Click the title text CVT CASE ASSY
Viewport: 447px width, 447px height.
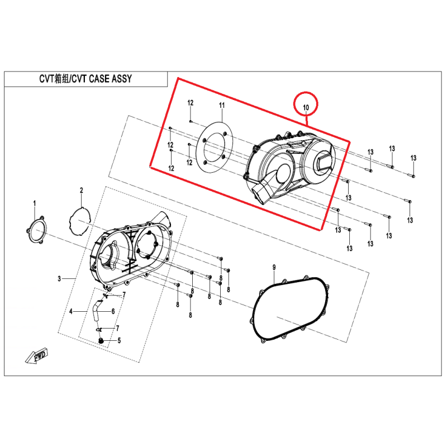pos(102,79)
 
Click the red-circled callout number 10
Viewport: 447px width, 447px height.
pos(306,107)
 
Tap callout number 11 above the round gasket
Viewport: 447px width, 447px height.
pos(222,106)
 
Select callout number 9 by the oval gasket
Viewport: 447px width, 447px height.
pos(274,268)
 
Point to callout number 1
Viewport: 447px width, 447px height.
pos(35,203)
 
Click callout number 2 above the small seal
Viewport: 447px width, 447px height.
pos(82,190)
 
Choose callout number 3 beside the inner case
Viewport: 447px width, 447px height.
pos(59,278)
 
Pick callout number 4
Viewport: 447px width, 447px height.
pos(71,311)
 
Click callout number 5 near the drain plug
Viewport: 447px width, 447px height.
pos(119,340)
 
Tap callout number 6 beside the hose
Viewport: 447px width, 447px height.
pos(113,311)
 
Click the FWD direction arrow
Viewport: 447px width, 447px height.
pos(37,356)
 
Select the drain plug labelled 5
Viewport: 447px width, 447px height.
pos(101,340)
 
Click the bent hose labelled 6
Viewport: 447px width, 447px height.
pos(96,311)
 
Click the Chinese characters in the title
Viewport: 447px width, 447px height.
pos(61,79)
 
